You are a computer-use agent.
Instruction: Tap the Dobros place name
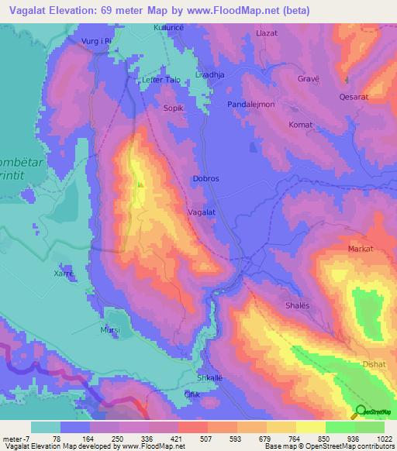pyautogui.click(x=205, y=178)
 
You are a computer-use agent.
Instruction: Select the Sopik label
pyautogui.click(x=173, y=108)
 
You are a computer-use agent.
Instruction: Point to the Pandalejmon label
pyautogui.click(x=251, y=104)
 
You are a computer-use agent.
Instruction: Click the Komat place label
pyautogui.click(x=301, y=125)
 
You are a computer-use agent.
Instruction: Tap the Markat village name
pyautogui.click(x=361, y=249)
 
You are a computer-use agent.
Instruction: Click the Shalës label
pyautogui.click(x=298, y=305)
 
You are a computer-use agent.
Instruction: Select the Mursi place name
pyautogui.click(x=110, y=329)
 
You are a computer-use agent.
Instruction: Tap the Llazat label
pyautogui.click(x=266, y=34)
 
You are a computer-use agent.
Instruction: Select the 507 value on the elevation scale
pyautogui.click(x=193, y=439)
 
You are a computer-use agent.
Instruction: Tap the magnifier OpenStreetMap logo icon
pyautogui.click(x=361, y=412)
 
